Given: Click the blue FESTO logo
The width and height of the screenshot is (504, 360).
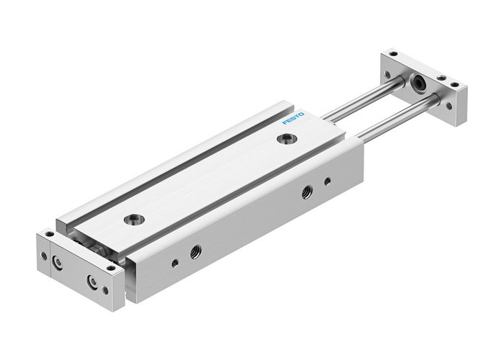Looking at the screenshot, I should (x=294, y=117).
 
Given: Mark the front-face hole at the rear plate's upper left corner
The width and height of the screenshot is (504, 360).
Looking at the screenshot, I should (x=389, y=73).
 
